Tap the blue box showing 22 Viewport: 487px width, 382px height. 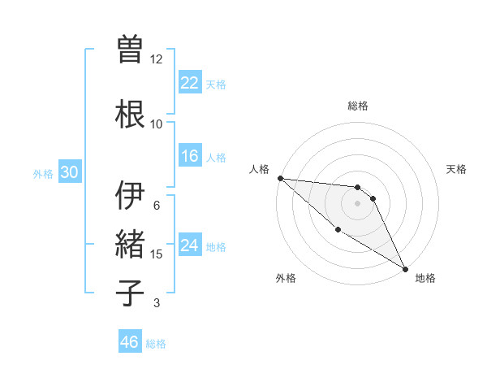[190, 83]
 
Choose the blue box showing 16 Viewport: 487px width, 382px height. [190, 156]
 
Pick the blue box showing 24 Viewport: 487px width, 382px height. [190, 245]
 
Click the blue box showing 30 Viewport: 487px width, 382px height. [69, 172]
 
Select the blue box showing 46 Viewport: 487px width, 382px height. [130, 342]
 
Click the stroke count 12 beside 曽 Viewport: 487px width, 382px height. [157, 59]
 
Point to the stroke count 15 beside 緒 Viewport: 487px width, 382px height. [157, 254]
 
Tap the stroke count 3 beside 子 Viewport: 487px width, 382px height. [157, 303]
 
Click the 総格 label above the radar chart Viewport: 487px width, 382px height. [358, 106]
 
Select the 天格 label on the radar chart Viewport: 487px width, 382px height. [456, 169]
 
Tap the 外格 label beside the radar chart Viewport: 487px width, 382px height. [286, 278]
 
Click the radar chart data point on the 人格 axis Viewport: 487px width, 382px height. [280, 178]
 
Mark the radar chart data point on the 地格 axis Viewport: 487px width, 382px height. [405, 268]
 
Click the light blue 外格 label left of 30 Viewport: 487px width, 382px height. [43, 173]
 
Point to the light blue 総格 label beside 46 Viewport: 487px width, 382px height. [156, 344]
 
